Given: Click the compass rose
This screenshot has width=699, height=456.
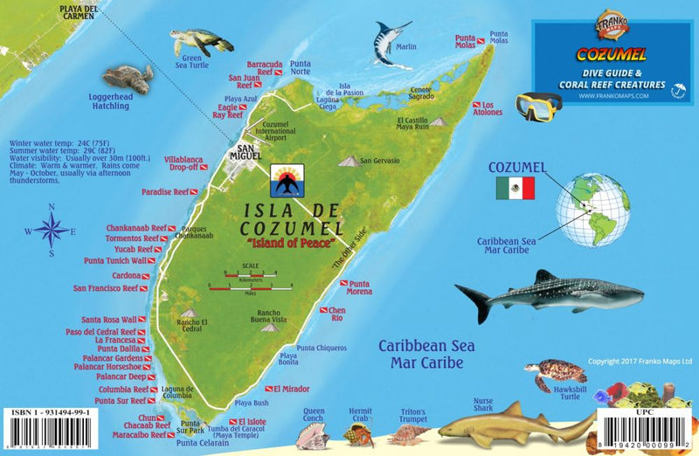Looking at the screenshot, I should tap(52, 231).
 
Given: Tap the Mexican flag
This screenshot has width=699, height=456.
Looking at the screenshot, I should tap(514, 188).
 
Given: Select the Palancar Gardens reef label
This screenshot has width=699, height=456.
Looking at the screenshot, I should tap(108, 358).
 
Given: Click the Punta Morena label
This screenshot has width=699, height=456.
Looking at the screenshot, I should tap(359, 289).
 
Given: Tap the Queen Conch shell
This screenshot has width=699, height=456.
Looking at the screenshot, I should tap(314, 434).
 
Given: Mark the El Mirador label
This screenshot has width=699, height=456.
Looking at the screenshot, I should tap(290, 388).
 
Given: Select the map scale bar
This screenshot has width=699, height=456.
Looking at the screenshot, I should tap(251, 281).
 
